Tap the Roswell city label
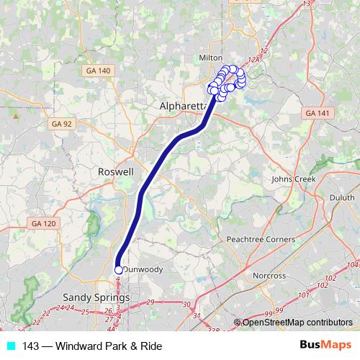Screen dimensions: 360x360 click(115, 173)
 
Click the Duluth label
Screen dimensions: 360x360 click(342, 197)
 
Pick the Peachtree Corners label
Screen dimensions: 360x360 click(261, 239)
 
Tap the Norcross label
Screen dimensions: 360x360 click(269, 276)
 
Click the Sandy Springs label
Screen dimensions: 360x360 click(96, 297)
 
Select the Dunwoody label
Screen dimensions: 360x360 click(144, 269)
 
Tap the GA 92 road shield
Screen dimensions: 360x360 click(62, 124)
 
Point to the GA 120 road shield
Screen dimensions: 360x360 click(43, 225)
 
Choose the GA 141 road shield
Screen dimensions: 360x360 click(315, 114)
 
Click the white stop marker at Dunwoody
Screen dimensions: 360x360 click(119, 270)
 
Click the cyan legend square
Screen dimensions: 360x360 click(10, 346)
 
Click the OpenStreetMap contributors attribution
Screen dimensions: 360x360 click(296, 323)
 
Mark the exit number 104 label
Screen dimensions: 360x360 click(353, 266)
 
